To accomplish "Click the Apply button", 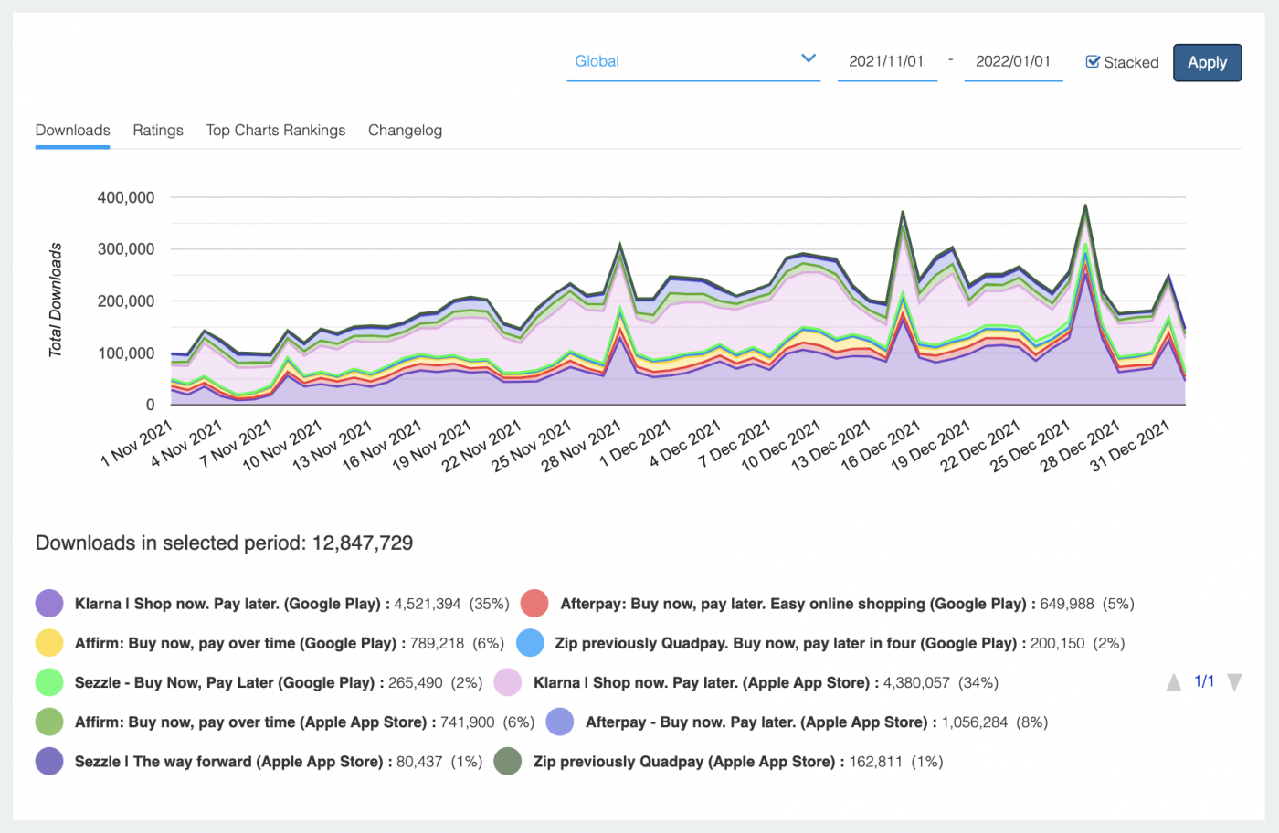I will pos(1207,63).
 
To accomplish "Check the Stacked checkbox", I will pos(1093,62).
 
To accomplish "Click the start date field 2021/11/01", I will pos(886,61).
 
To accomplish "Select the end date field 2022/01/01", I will pos(1012,61).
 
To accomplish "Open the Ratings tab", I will pos(158,131).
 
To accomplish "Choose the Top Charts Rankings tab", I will pos(276,131).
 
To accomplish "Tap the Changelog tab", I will pos(405,131).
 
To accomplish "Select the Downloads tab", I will pos(73,131).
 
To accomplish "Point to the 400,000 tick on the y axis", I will pos(126,197).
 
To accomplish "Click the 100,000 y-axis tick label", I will pos(126,353).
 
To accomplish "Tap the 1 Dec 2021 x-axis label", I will pos(636,444).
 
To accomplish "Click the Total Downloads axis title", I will pos(56,300).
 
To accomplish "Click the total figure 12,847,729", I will pos(363,543).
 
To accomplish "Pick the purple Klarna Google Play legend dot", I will pos(49,604).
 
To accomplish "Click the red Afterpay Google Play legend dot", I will pos(534,604).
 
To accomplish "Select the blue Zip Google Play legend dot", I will pos(531,643).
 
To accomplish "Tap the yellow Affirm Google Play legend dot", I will pos(49,643).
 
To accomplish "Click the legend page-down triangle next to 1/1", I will pos(1234,682).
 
